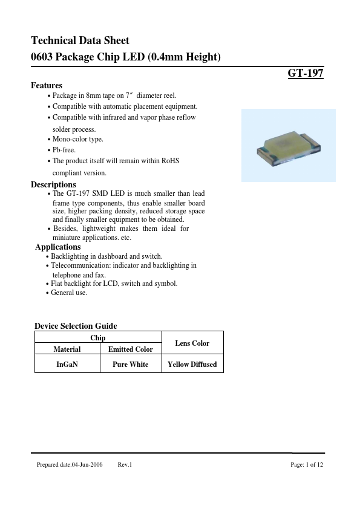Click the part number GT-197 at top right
pos(306,74)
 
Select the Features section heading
pos(47,85)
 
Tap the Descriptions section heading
pos(53,184)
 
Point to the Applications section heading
pos(57,247)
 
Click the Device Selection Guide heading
pos(76,326)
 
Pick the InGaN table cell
pos(67,365)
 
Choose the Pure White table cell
pos(130,365)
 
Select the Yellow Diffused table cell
pos(192,365)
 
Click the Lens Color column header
pos(192,343)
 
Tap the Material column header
pos(67,349)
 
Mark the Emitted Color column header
pos(130,349)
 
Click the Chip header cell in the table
pos(98,338)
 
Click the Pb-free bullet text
pos(64,150)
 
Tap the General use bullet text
pos(69,293)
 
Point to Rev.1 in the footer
pos(125,464)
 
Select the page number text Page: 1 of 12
pos(307,464)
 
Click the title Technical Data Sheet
pos(80,41)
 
